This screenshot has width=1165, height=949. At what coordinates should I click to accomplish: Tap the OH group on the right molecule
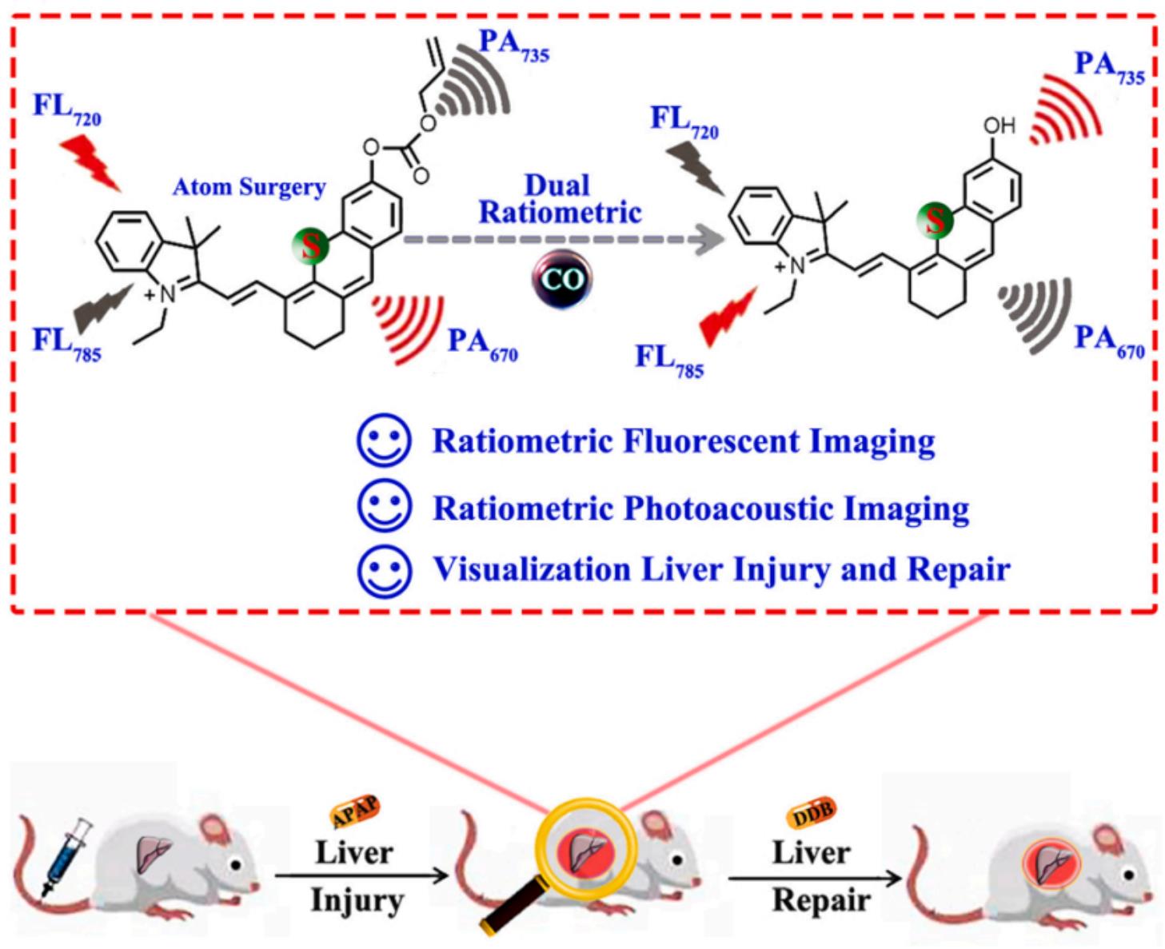[999, 126]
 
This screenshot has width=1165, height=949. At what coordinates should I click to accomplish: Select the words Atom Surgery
[249, 187]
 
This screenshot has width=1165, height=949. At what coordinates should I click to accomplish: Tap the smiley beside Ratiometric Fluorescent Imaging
[385, 441]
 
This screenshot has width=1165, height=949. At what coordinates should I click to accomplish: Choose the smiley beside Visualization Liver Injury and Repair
[385, 571]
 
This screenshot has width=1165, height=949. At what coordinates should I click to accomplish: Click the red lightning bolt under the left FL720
[91, 161]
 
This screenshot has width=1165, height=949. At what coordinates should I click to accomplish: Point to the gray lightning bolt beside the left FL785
[101, 308]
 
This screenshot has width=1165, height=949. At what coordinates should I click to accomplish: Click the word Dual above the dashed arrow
[557, 185]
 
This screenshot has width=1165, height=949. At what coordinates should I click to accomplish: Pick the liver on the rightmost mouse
[1051, 866]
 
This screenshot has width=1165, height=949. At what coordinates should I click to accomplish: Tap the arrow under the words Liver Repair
[815, 878]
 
